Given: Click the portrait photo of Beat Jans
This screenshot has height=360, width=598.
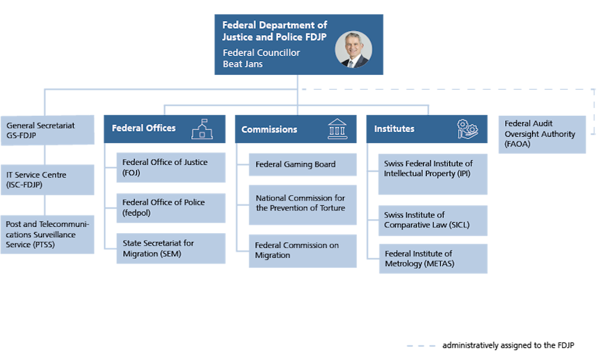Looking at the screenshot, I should [x=353, y=50].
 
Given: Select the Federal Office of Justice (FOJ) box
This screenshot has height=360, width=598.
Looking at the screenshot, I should [x=171, y=167].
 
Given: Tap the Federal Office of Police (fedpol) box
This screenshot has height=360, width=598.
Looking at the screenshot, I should [x=171, y=207].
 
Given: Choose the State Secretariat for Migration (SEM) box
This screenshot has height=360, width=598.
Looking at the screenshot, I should [x=171, y=248].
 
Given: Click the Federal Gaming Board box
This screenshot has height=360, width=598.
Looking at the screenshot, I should [x=303, y=164].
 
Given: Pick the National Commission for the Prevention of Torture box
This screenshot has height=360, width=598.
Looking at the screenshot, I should [x=303, y=203].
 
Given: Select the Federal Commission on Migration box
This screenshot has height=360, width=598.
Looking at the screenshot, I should [x=303, y=251].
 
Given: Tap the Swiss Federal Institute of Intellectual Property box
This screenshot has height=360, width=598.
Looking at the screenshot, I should [x=432, y=174].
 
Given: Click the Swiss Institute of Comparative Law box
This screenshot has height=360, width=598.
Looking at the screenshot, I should [x=432, y=220].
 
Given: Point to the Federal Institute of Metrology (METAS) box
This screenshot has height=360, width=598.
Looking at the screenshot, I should [x=432, y=259].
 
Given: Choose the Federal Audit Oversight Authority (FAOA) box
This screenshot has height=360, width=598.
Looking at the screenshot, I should [x=541, y=134].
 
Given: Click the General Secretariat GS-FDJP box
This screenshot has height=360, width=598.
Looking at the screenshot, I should [x=47, y=130].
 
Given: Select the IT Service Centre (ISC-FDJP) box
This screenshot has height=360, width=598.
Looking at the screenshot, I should [x=47, y=179].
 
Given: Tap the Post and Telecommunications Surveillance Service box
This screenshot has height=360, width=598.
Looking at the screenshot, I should [x=47, y=234].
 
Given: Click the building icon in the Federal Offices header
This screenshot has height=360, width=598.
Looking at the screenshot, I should [x=202, y=129].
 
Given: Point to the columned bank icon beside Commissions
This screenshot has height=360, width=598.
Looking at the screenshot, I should [x=337, y=129].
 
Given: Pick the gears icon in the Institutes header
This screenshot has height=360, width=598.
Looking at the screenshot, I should [x=468, y=129].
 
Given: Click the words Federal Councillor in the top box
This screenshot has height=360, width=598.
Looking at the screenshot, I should [x=261, y=53].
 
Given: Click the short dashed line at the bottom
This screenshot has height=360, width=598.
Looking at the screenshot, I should [x=420, y=346].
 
